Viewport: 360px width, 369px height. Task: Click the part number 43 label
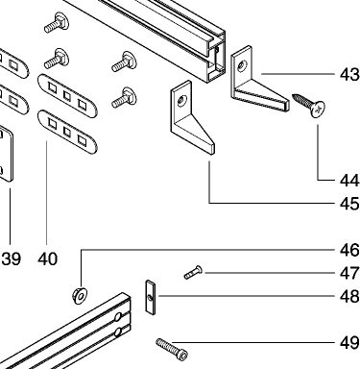pos(349,75)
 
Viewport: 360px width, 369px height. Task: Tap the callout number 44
pos(349,181)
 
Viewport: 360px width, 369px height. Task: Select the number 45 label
pos(349,204)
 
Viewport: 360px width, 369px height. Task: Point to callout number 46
pos(349,250)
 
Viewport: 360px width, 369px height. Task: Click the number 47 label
pos(349,273)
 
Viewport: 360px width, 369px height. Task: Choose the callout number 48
pos(349,297)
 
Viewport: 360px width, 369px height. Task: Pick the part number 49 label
pos(349,343)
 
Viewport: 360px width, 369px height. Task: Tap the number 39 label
pos(12,258)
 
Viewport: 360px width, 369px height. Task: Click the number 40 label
pos(48,258)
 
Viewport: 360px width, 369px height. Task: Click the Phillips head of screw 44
pos(319,110)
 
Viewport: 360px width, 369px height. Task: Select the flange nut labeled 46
pos(80,295)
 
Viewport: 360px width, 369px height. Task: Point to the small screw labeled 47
pos(193,273)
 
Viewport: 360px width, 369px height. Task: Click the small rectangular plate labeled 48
pos(150,297)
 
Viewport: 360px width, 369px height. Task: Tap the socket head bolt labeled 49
pos(172,349)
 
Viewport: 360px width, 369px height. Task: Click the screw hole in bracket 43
pos(241,66)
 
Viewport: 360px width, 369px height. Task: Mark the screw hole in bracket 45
pos(182,101)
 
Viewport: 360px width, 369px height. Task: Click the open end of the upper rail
pos(216,56)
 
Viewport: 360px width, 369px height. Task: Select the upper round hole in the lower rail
pos(118,317)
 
